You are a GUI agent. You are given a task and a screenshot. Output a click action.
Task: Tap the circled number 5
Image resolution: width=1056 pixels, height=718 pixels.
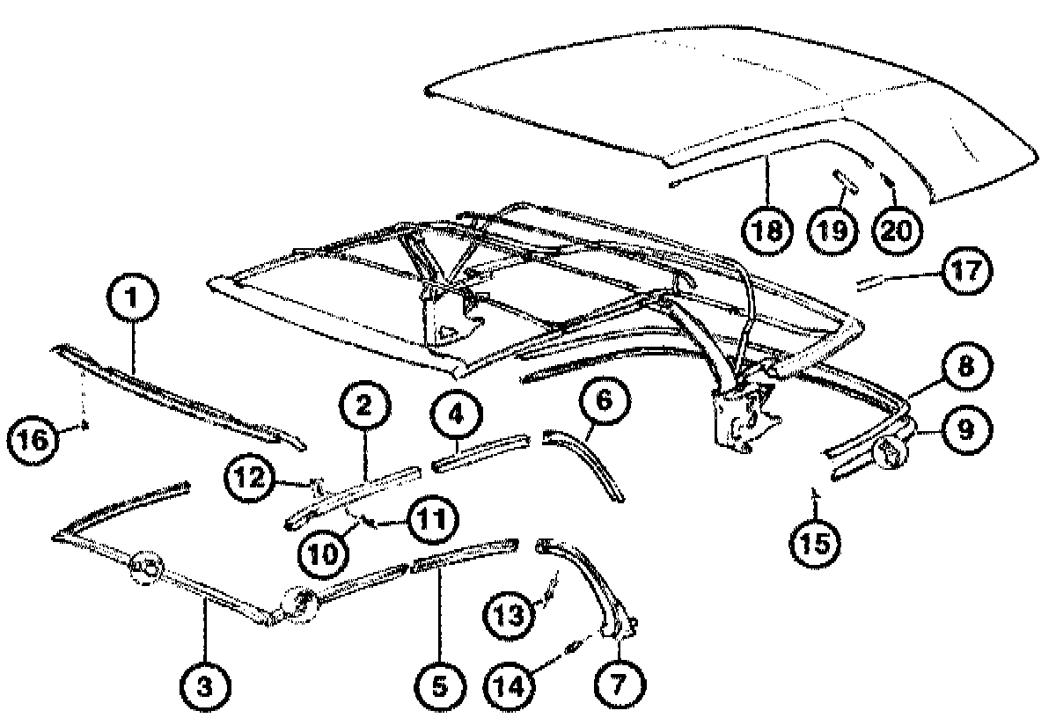[438, 684]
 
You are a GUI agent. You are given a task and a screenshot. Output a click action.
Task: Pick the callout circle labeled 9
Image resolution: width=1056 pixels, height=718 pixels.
[965, 429]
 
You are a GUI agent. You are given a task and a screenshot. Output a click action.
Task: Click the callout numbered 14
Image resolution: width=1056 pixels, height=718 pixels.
[514, 684]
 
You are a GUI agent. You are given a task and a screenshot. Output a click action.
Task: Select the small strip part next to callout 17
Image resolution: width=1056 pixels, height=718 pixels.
[880, 281]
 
